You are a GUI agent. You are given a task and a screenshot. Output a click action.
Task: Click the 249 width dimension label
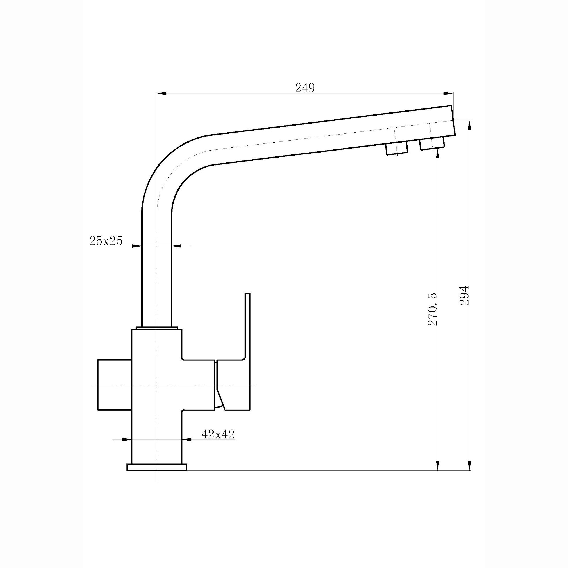(305, 88)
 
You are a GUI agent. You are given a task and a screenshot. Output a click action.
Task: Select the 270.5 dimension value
(433, 309)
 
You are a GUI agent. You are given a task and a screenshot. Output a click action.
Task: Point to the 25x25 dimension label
(106, 241)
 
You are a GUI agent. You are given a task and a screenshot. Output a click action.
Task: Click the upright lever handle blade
(248, 326)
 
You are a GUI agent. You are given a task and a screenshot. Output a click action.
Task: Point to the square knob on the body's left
(114, 385)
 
